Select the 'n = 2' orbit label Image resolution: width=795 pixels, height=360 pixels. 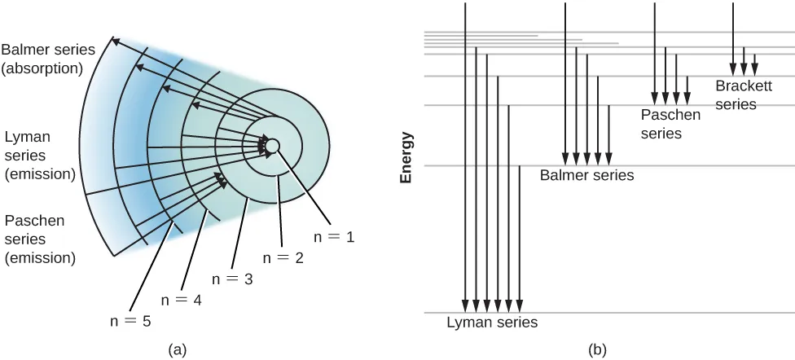pyautogui.click(x=283, y=257)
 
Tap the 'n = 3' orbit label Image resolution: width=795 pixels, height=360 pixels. pyautogui.click(x=232, y=279)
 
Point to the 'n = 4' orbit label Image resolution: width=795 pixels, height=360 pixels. pyautogui.click(x=181, y=299)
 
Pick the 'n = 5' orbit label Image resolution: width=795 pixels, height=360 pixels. pyautogui.click(x=130, y=320)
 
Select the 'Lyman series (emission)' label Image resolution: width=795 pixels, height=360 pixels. pyautogui.click(x=40, y=153)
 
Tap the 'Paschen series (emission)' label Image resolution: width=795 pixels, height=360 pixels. pyautogui.click(x=40, y=239)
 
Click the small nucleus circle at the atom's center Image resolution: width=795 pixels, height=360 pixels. pyautogui.click(x=273, y=146)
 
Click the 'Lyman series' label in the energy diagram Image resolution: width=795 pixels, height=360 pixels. pyautogui.click(x=492, y=323)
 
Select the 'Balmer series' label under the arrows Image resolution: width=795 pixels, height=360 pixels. pyautogui.click(x=586, y=175)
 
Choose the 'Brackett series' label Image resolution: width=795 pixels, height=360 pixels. pyautogui.click(x=736, y=94)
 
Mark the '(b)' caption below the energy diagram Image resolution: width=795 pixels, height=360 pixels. pyautogui.click(x=596, y=349)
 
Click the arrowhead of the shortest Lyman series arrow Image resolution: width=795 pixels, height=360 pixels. pyautogui.click(x=519, y=307)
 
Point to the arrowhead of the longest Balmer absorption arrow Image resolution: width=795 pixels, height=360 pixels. pyautogui.click(x=115, y=39)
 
